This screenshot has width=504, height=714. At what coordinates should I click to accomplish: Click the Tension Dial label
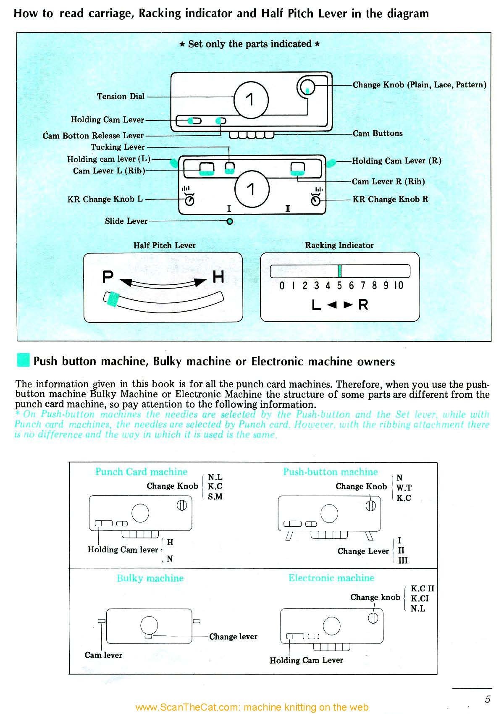point(121,97)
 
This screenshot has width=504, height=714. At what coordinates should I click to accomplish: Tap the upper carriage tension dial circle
point(251,100)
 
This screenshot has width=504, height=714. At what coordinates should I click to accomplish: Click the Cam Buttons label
point(377,134)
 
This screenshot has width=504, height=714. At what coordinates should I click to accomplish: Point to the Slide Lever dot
point(230,221)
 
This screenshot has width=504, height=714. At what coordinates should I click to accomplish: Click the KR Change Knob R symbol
point(316,200)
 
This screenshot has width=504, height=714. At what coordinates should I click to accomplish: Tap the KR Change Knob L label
point(105,199)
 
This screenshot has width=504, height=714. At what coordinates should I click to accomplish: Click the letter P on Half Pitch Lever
point(108,277)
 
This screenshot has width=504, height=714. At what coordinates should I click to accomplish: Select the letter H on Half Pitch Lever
point(218,277)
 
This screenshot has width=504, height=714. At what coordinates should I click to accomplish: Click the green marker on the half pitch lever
point(113,299)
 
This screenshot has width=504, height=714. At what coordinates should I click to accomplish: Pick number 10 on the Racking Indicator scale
point(399,286)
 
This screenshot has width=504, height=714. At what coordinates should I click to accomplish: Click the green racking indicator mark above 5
point(339,271)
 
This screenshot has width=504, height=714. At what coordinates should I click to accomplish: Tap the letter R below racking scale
point(363,304)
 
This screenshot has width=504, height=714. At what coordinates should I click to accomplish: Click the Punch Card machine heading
point(141,472)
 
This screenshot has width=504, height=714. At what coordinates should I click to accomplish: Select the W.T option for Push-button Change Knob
point(404,488)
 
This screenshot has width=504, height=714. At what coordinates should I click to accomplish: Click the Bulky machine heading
point(150,578)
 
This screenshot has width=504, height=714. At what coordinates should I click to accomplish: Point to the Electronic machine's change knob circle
point(373,618)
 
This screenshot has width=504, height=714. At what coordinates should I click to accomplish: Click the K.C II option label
point(422,589)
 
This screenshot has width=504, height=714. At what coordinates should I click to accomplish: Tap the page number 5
point(487,699)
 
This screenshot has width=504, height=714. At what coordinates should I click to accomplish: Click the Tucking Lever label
point(118,147)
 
